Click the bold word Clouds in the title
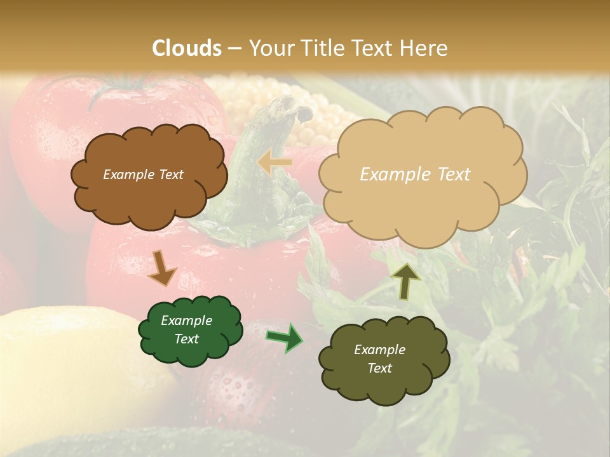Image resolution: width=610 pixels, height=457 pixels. (x=187, y=48)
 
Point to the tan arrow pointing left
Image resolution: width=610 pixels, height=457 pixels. (x=274, y=162)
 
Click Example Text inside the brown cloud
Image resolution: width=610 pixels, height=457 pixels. (x=143, y=175)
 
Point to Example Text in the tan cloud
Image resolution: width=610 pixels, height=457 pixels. (x=415, y=175)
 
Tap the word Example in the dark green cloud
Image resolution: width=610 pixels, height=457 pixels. (x=186, y=321)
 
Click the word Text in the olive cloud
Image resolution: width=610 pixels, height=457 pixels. (x=379, y=368)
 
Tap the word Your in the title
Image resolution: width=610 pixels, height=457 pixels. (x=268, y=48)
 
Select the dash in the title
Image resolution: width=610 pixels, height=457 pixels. (x=234, y=48)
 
